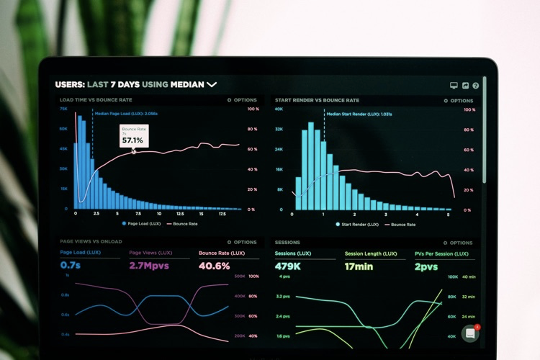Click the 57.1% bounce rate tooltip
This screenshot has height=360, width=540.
[x=134, y=136]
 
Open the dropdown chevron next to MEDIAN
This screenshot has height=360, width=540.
[x=212, y=84]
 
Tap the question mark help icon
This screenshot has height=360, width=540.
[x=475, y=85]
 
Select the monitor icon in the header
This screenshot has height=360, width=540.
[x=454, y=85]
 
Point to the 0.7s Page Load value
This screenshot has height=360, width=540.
[x=71, y=266]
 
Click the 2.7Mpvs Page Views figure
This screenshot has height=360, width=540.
[x=150, y=266]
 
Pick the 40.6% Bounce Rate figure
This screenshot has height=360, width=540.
[x=214, y=266]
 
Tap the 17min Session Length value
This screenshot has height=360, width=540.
[x=359, y=266]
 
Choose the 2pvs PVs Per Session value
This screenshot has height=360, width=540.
[x=426, y=266]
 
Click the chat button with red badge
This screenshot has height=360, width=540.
[x=470, y=333]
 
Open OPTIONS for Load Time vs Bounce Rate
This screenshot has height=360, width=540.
[x=242, y=100]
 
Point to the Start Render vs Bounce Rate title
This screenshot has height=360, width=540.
[x=317, y=100]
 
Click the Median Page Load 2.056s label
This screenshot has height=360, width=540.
[x=126, y=114]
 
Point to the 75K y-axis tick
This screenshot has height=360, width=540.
[x=63, y=109]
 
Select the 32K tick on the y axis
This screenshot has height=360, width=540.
[x=279, y=130]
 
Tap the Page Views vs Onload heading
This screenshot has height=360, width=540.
[x=91, y=242]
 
